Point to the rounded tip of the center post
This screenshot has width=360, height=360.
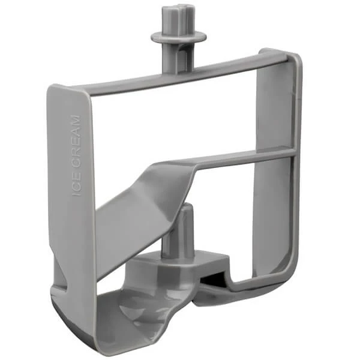[x=184, y=208]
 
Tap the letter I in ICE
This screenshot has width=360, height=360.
[x=77, y=193]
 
